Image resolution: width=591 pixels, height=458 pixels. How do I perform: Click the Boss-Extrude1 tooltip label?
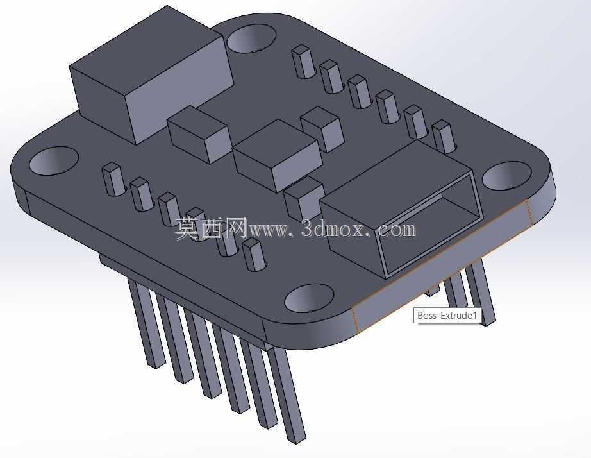447,316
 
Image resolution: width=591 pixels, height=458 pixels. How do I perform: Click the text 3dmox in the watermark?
333,228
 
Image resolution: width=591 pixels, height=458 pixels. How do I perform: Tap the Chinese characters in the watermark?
211,228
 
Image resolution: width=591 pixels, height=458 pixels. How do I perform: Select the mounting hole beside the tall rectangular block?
251,38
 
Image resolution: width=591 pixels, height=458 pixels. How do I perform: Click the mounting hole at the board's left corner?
53,161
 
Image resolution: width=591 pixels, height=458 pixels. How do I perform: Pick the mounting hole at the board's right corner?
506,175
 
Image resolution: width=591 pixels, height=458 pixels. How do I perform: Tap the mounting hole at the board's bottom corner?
309,298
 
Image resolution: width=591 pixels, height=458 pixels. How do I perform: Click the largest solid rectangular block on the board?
151,76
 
